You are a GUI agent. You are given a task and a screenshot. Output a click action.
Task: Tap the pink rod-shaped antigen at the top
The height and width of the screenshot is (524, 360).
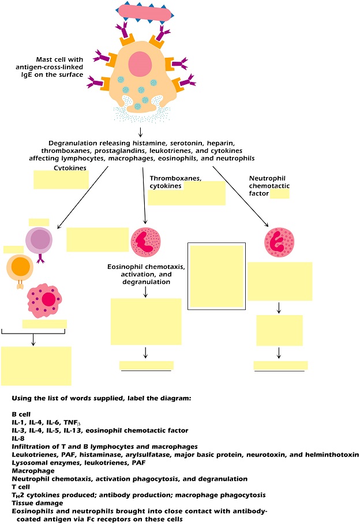[145, 13]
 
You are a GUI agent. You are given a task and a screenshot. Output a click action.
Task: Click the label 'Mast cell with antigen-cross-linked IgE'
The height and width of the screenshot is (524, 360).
[50, 67]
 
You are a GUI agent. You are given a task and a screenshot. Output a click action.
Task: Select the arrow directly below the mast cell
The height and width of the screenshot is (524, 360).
[140, 132]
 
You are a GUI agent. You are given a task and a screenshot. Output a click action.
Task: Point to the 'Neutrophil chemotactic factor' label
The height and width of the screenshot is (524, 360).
[269, 186]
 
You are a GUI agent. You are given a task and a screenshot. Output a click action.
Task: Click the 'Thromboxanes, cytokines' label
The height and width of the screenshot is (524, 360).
[175, 182]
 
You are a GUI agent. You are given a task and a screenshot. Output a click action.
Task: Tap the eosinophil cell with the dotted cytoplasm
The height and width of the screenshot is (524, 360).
[145, 242]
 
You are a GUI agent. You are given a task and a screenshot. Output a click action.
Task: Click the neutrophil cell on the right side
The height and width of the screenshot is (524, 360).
[279, 242]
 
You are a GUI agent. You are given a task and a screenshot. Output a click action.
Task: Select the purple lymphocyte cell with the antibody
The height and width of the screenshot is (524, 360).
[39, 240]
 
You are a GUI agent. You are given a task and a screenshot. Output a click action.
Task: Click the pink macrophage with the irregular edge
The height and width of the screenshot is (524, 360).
[45, 300]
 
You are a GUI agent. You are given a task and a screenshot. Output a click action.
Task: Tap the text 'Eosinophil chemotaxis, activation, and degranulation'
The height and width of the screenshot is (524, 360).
[146, 274]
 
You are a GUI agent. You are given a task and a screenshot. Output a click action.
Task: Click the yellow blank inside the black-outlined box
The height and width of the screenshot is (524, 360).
[216, 276]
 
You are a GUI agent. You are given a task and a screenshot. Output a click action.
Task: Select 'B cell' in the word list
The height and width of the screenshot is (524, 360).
[21, 414]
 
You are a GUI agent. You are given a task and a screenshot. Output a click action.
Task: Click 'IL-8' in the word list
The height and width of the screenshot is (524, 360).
[18, 439]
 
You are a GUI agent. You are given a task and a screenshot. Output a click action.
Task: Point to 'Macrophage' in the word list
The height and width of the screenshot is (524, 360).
[33, 471]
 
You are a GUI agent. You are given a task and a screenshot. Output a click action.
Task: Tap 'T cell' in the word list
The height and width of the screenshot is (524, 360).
[21, 487]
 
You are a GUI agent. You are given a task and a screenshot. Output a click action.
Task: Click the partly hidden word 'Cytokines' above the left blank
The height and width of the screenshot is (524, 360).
[70, 168]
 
